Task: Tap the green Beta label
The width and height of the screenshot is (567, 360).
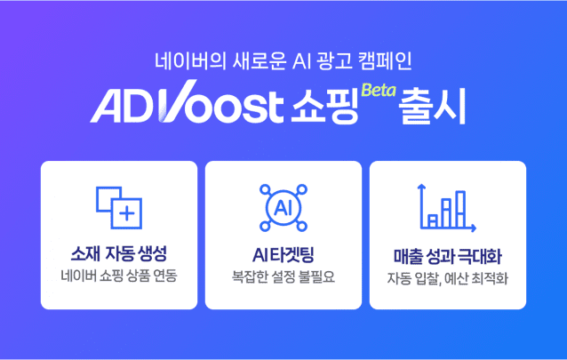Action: [x=378, y=89]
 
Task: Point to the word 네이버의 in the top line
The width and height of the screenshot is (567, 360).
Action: [x=180, y=63]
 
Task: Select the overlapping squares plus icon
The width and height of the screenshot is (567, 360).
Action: [x=118, y=206]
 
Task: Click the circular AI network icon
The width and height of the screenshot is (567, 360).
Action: [x=283, y=207]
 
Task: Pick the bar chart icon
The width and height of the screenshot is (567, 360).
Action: [x=447, y=207]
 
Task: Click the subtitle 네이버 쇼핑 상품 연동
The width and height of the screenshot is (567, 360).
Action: [x=118, y=276]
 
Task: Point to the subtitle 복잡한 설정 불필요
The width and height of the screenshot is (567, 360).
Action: [x=283, y=276]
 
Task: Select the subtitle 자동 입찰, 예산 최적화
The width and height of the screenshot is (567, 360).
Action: [x=447, y=276]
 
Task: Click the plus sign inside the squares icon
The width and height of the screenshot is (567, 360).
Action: [x=127, y=213]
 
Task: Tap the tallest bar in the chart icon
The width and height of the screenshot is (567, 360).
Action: [x=460, y=208]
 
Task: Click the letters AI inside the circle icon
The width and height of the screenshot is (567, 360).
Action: [x=283, y=208]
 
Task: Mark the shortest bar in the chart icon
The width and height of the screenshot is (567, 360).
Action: [x=433, y=220]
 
